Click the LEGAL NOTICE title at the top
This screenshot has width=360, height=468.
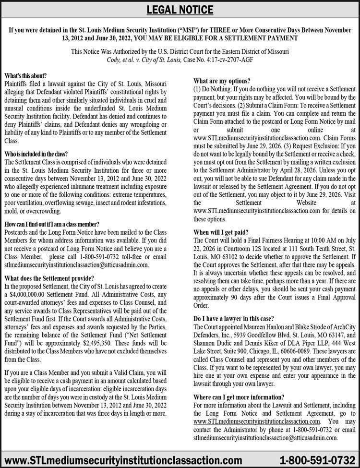tap(180, 9)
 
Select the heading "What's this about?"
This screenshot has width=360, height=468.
tap(25, 76)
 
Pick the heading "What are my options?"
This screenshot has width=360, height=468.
tap(222, 81)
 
